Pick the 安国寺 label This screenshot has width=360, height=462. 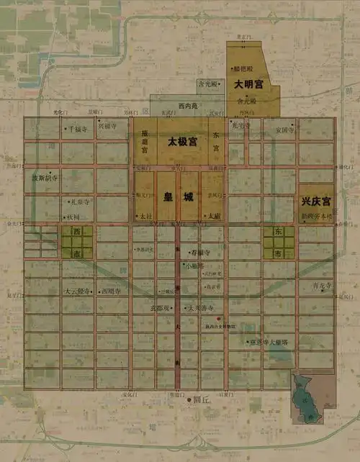(x=285, y=130)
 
